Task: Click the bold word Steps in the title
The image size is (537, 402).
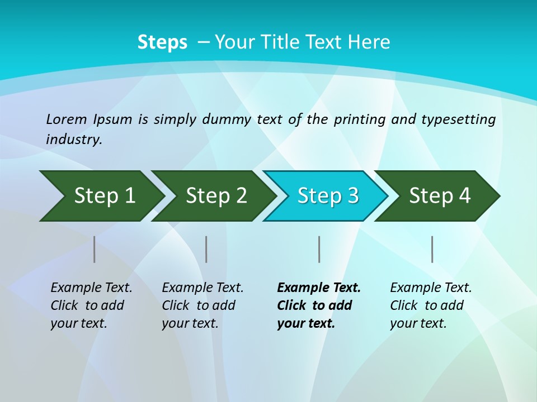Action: tap(162, 42)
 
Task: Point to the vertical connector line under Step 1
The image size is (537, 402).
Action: tap(95, 249)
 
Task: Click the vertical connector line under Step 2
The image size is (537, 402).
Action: tap(206, 249)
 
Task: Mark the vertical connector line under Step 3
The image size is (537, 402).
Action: tap(319, 249)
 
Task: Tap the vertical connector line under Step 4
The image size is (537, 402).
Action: tap(432, 249)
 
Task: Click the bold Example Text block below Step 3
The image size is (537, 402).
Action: tap(319, 305)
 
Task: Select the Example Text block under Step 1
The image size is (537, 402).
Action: tap(91, 305)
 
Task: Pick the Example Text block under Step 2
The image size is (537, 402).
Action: tap(202, 305)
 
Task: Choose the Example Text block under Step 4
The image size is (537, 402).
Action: tap(431, 305)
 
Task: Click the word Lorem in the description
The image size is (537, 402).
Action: tap(67, 119)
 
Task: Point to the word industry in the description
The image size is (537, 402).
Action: tap(73, 140)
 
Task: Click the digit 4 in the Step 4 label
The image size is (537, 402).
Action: tap(465, 196)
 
